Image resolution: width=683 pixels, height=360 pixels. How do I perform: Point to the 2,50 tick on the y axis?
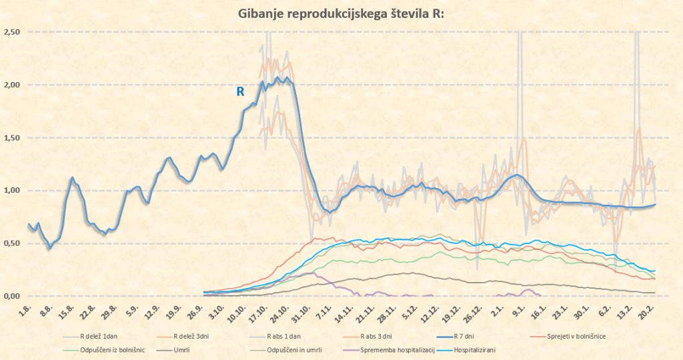(12, 32)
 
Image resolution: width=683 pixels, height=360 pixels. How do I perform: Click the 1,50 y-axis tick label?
(12, 137)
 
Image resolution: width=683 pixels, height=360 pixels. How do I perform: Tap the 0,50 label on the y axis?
(12, 243)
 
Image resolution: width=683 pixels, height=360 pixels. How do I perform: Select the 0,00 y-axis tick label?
(12, 295)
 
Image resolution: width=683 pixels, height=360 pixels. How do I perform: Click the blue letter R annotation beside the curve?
(241, 92)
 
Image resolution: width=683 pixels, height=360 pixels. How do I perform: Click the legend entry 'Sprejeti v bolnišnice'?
(574, 336)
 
